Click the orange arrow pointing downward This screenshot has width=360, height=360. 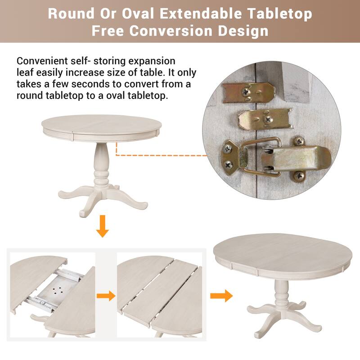point(103,226)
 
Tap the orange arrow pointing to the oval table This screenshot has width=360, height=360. point(221,296)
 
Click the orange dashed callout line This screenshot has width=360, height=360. point(157,154)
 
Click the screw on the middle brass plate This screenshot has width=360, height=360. point(267,120)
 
